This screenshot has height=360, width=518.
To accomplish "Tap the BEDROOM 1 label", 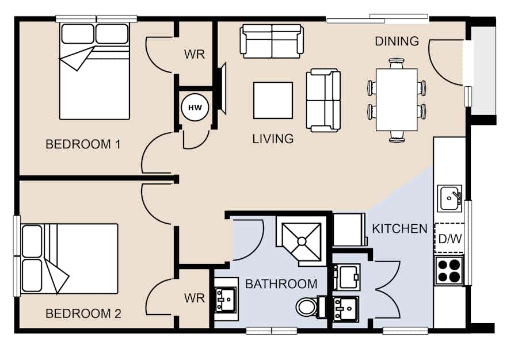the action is (83, 144).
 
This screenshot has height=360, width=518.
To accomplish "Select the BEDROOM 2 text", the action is (83, 313).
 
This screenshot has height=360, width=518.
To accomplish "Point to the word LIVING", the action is (273, 139).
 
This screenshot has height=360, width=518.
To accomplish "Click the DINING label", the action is (397, 41).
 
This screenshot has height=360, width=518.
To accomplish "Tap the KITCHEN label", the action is (400, 229).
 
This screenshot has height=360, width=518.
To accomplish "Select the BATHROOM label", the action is (281, 284).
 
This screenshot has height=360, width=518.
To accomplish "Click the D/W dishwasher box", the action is (450, 238).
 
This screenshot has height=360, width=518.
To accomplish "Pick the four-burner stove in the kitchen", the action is (449, 270).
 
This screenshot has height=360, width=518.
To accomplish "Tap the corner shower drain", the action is (302, 241).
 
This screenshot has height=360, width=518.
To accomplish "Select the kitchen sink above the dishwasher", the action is (450, 198).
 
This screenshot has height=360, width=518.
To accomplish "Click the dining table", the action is (397, 99).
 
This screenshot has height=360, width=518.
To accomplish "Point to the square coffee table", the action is (273, 100).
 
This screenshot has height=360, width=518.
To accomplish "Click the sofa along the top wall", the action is (272, 41).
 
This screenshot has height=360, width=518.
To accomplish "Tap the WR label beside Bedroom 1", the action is (195, 54).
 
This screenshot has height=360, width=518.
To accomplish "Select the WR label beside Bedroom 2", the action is (195, 298).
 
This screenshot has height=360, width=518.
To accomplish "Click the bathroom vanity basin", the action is (226, 300).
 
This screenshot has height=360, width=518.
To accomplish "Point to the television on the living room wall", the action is (222, 89).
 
